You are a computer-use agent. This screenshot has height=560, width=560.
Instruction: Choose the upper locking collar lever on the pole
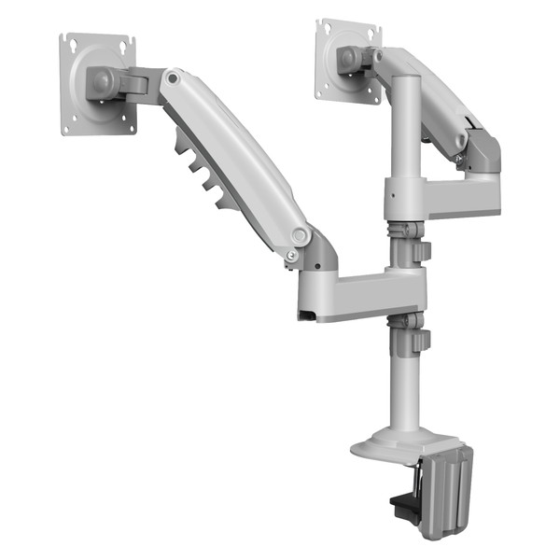pos(422,251)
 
